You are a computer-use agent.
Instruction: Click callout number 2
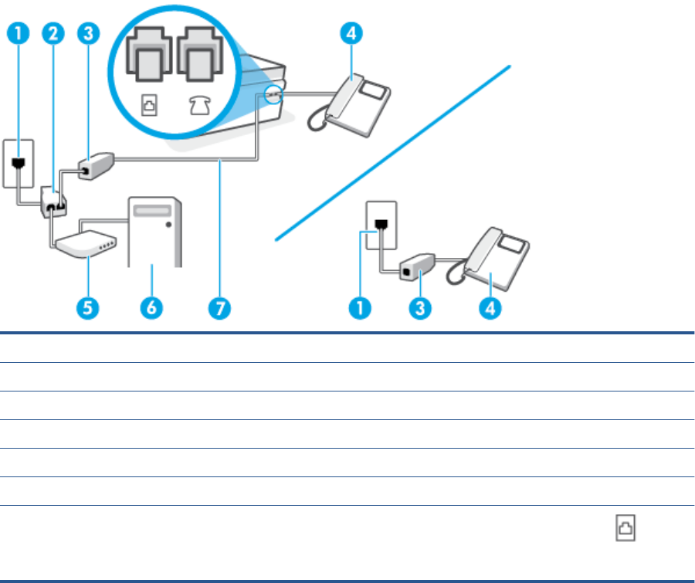53,33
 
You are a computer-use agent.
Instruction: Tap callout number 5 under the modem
88,307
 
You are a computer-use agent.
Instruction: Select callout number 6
151,307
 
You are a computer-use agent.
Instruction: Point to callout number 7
220,308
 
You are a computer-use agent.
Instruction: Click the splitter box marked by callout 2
53,202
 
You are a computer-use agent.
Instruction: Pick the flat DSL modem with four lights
86,244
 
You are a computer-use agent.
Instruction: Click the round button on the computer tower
168,225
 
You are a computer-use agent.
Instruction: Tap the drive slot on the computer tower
152,211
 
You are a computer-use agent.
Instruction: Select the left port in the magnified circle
149,54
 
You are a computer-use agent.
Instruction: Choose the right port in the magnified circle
200,54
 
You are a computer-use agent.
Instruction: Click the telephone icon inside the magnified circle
200,106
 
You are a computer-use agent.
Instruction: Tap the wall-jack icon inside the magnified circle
149,106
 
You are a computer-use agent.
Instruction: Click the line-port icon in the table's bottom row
625,527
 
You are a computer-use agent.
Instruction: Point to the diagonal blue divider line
393,153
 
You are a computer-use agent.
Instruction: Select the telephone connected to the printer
350,106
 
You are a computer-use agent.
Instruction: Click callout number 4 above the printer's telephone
351,33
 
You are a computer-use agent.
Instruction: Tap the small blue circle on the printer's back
273,94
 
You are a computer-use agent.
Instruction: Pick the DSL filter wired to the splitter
97,166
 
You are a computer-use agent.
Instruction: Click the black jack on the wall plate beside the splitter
19,164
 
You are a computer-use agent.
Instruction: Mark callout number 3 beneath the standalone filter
420,308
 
